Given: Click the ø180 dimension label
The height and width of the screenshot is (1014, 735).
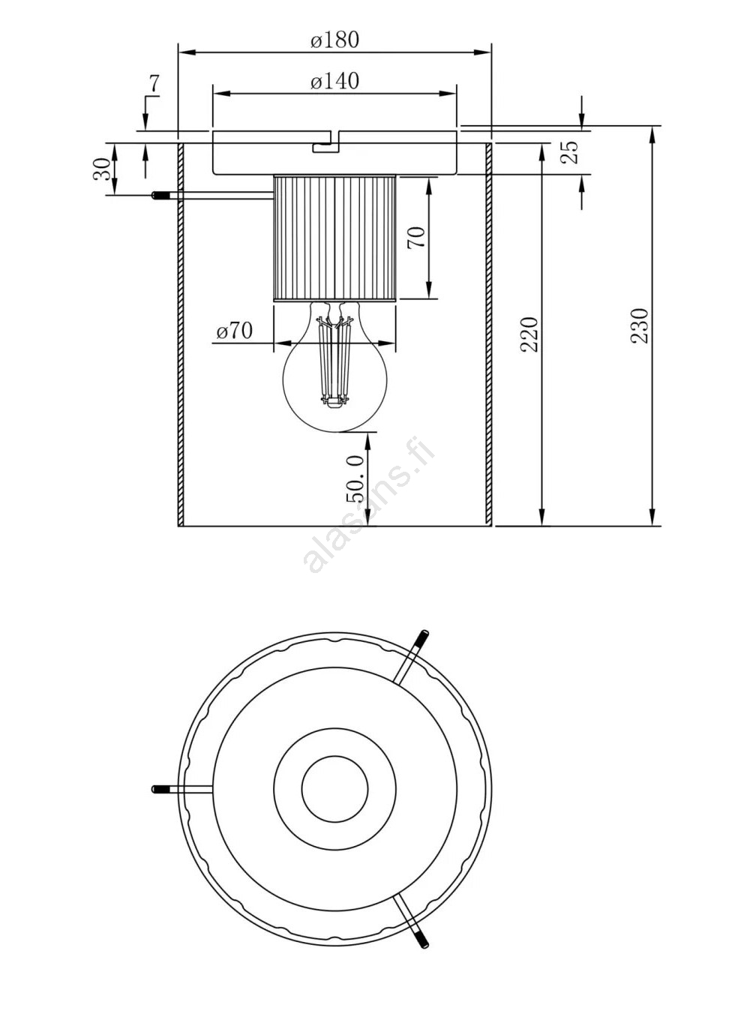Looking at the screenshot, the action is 334,40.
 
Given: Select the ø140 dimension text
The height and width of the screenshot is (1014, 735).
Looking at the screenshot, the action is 334,82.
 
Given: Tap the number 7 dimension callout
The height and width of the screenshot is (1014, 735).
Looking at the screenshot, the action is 154,84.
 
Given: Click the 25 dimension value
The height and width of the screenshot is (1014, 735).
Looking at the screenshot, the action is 570,151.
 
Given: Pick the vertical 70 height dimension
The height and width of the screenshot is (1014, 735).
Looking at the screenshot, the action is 416,237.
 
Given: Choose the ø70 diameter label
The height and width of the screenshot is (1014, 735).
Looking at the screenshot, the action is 235,331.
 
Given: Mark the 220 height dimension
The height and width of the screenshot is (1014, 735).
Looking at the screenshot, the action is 529,334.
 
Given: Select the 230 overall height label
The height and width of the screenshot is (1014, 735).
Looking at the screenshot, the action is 640,325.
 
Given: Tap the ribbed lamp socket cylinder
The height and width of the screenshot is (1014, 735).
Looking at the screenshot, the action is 335,238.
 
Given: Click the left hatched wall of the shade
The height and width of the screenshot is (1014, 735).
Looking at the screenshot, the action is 181,334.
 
